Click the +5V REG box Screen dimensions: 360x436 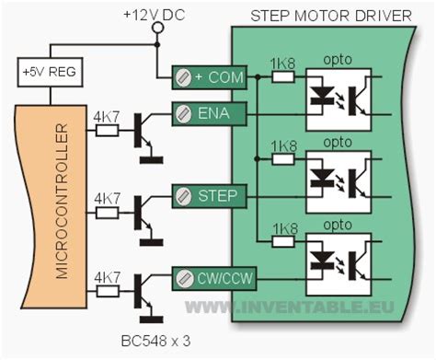pyautogui.click(x=40, y=71)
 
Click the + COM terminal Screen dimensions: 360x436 pyautogui.click(x=212, y=79)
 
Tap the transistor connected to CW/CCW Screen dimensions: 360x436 pyautogui.click(x=143, y=291)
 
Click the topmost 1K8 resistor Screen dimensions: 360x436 pyautogui.click(x=282, y=79)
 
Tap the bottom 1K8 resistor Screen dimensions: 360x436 pyautogui.click(x=282, y=239)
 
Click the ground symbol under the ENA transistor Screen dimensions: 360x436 pyautogui.click(x=151, y=159)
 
